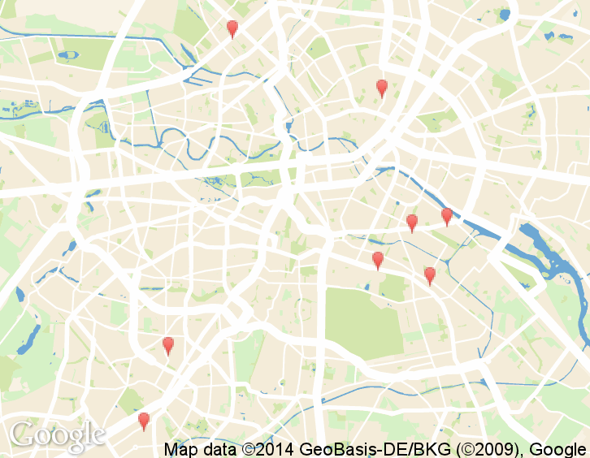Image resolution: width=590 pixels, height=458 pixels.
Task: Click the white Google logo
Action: pos(58,436)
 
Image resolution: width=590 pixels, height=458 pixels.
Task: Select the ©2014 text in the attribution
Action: pos(267,449)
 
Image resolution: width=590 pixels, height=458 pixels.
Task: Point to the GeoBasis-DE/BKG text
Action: pos(365,449)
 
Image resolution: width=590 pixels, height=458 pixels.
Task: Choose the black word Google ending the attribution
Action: pos(559,449)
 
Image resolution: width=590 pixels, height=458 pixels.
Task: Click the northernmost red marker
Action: pos(232,29)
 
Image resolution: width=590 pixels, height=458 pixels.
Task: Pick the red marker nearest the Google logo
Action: pos(144,420)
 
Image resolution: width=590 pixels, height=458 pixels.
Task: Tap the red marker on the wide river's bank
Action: pos(446,215)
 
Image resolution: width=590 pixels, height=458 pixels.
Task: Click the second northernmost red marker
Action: pos(382,88)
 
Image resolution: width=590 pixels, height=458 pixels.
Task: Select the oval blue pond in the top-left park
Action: pos(69,55)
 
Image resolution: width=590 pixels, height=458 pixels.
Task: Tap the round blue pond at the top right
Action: pos(505,14)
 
